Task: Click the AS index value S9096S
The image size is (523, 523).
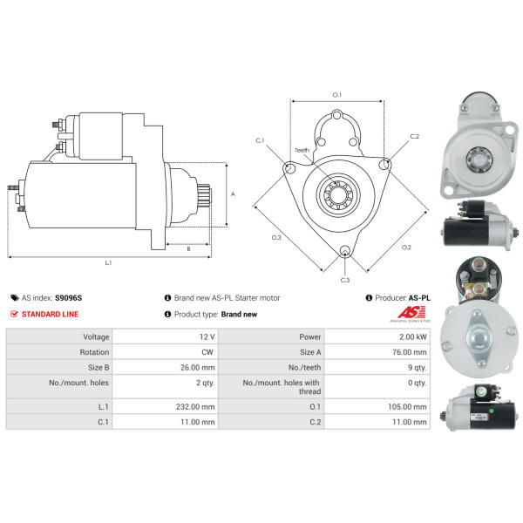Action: (68, 298)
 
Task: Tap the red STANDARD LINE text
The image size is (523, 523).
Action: (50, 314)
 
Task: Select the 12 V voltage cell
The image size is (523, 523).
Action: (207, 336)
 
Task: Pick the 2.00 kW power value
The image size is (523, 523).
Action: (413, 336)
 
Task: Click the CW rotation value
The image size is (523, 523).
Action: (207, 352)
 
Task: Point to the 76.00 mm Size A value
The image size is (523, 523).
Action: (410, 352)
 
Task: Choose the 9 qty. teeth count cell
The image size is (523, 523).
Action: (418, 368)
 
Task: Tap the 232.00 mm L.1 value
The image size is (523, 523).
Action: (195, 407)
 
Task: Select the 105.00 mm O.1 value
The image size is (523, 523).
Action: (407, 407)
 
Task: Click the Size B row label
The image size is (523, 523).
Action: (98, 368)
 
